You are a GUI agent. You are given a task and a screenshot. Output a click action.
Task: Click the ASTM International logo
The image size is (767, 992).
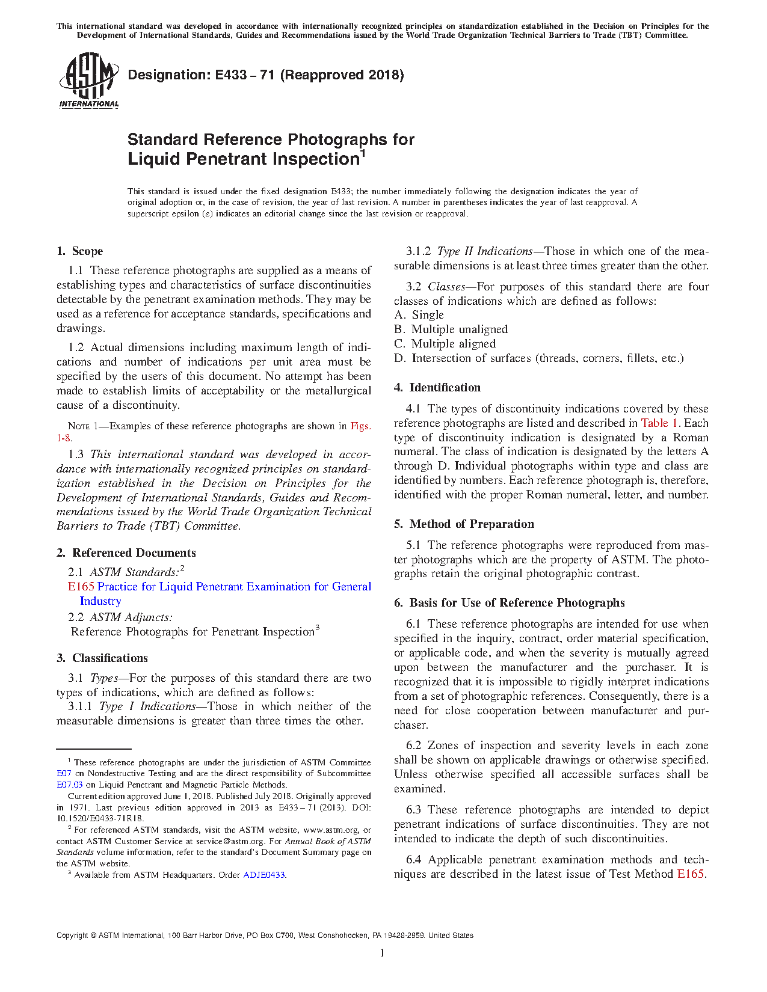click(x=88, y=80)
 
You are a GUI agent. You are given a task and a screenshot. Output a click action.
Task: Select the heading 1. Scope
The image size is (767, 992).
click(x=80, y=251)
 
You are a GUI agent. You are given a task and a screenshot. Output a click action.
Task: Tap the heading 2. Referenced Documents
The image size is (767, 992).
click(x=126, y=553)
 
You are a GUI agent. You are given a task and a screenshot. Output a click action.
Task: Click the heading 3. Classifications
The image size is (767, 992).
click(x=102, y=658)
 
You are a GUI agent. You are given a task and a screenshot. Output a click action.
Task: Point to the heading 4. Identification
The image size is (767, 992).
click(x=437, y=388)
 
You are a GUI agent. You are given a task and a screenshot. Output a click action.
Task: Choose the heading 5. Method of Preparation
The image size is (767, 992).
click(x=464, y=524)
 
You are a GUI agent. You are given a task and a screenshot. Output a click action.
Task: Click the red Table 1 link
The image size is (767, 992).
click(x=660, y=423)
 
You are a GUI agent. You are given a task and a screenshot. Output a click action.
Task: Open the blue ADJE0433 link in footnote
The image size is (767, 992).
click(x=263, y=875)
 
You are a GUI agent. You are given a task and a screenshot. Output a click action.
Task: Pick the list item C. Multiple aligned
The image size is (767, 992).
click(x=445, y=344)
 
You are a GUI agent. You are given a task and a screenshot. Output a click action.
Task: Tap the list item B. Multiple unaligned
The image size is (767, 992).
click(x=451, y=329)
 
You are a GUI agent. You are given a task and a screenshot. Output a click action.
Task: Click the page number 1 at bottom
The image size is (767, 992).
click(x=383, y=952)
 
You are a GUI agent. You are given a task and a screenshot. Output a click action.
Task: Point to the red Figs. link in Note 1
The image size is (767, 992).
click(x=360, y=426)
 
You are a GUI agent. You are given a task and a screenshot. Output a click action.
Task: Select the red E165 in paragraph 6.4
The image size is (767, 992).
click(x=690, y=874)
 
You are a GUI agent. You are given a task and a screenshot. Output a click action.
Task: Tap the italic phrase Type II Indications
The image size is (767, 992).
click(x=485, y=251)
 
